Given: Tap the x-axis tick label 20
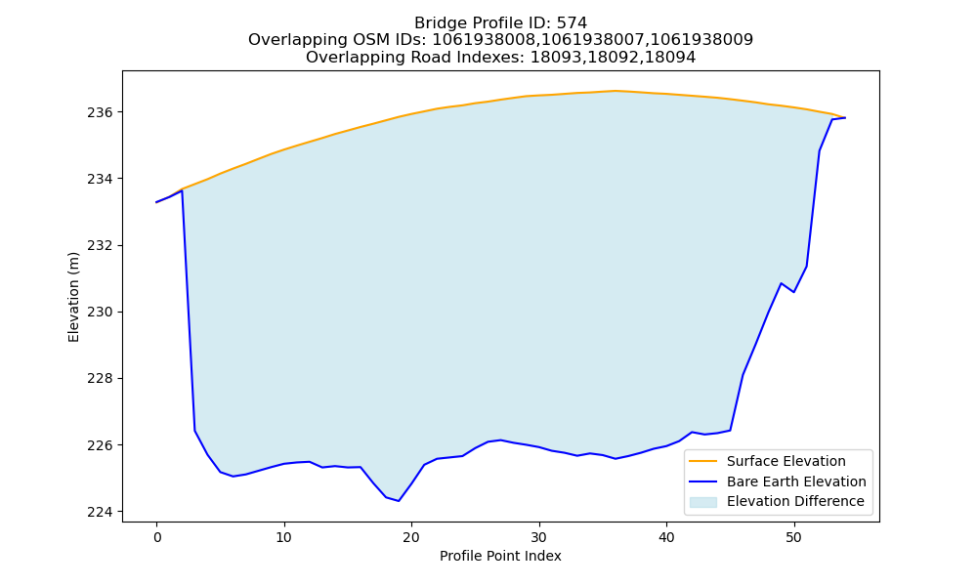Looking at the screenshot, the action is coord(411,537).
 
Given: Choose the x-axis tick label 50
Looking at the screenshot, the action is coord(793,537).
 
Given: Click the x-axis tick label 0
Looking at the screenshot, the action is coord(156,537).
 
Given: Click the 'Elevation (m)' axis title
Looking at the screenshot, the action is coord(73,297).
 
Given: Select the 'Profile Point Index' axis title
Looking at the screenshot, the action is coord(500,556).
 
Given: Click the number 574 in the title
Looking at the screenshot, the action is coord(572,23).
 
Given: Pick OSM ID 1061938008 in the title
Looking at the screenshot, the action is coord(485,40).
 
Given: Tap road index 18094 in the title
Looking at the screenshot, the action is coord(670,58).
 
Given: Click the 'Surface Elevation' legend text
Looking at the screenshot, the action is coord(786,461).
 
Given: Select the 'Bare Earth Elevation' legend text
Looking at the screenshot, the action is coord(796,481).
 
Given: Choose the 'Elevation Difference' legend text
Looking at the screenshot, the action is coord(795,501).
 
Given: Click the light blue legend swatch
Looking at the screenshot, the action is coord(702,502).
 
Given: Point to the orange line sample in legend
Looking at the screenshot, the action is coord(702,461).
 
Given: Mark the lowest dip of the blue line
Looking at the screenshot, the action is coord(399,501).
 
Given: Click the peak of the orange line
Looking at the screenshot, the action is coord(615,91).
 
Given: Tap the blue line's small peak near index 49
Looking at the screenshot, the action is coord(781,283).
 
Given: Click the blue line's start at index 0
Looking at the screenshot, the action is coord(156,202).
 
